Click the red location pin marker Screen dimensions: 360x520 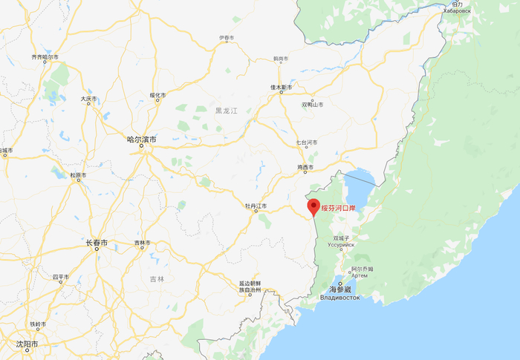click(x=313, y=206)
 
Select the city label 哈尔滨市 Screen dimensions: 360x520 click(x=140, y=138)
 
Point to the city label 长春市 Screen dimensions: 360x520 click(x=96, y=243)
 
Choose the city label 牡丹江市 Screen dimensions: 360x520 click(x=256, y=206)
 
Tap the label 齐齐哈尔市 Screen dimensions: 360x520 click(x=45, y=56)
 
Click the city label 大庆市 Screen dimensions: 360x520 click(x=88, y=98)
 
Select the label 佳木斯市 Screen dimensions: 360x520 click(x=281, y=88)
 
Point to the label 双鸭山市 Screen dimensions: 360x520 click(x=312, y=105)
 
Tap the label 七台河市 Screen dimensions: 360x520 click(x=306, y=142)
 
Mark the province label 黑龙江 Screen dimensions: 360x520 click(x=225, y=111)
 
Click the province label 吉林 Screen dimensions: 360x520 click(x=157, y=278)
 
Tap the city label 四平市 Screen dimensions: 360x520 click(x=60, y=277)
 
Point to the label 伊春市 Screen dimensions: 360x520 click(x=227, y=38)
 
